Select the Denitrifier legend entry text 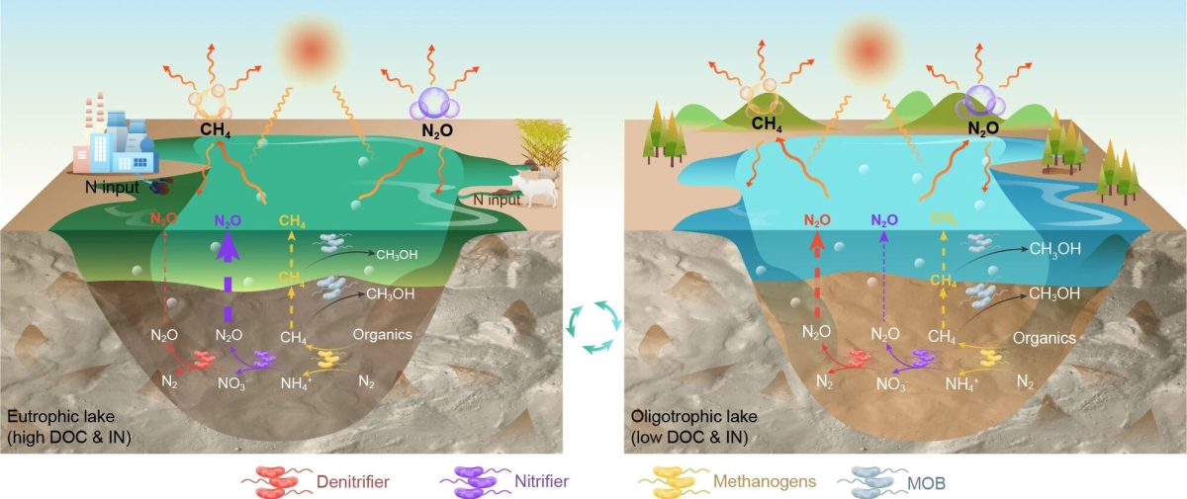click(x=352, y=482)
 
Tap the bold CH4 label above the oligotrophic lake click(x=768, y=124)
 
